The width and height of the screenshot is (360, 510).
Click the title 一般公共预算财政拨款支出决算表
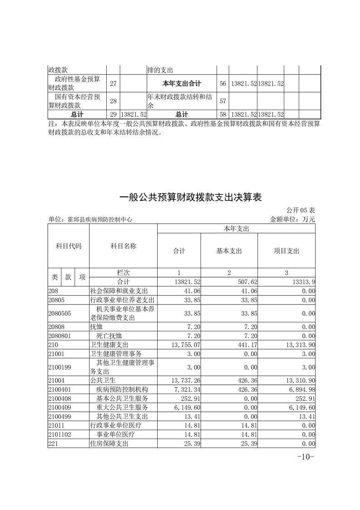point(191,198)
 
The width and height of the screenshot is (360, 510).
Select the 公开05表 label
point(301,210)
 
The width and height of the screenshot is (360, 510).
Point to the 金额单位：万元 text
point(292,219)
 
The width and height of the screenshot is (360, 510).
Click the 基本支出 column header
point(229,251)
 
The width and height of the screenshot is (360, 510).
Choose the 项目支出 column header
point(286,251)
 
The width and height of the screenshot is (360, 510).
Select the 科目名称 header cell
point(123,246)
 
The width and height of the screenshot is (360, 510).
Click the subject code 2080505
point(59,313)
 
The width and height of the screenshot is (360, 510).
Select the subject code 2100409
point(59,407)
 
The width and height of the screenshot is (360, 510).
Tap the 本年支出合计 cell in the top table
point(182,84)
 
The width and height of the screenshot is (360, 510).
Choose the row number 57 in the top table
point(222,100)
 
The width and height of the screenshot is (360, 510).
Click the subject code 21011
point(56,425)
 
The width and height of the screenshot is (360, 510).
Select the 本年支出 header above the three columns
point(236,229)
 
